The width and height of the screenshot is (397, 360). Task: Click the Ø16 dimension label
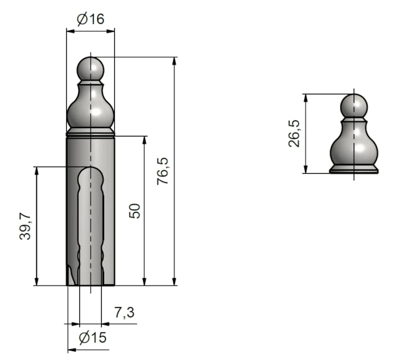pos(90,19)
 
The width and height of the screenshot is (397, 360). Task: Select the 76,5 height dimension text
pos(162,171)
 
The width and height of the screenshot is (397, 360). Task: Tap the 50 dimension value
pos(135,211)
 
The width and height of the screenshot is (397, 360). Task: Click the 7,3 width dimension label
pos(125,313)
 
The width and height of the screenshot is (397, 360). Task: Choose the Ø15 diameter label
pos(93,338)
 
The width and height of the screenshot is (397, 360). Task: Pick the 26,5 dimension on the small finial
pos(294,133)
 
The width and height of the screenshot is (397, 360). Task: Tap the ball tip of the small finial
pos(354,106)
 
